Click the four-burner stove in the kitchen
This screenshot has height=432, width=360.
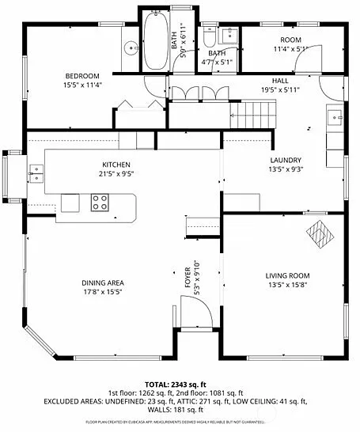coord(100,203)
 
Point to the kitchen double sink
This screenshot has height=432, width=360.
coord(36,169)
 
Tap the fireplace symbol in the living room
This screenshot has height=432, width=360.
coord(320,233)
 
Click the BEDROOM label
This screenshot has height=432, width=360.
coord(82,76)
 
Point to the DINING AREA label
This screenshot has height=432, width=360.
coord(102,282)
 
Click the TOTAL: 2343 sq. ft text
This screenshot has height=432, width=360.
coord(180,384)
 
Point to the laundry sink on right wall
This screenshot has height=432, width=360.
coord(334,118)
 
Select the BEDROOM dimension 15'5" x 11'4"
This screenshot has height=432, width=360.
coord(82,84)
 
